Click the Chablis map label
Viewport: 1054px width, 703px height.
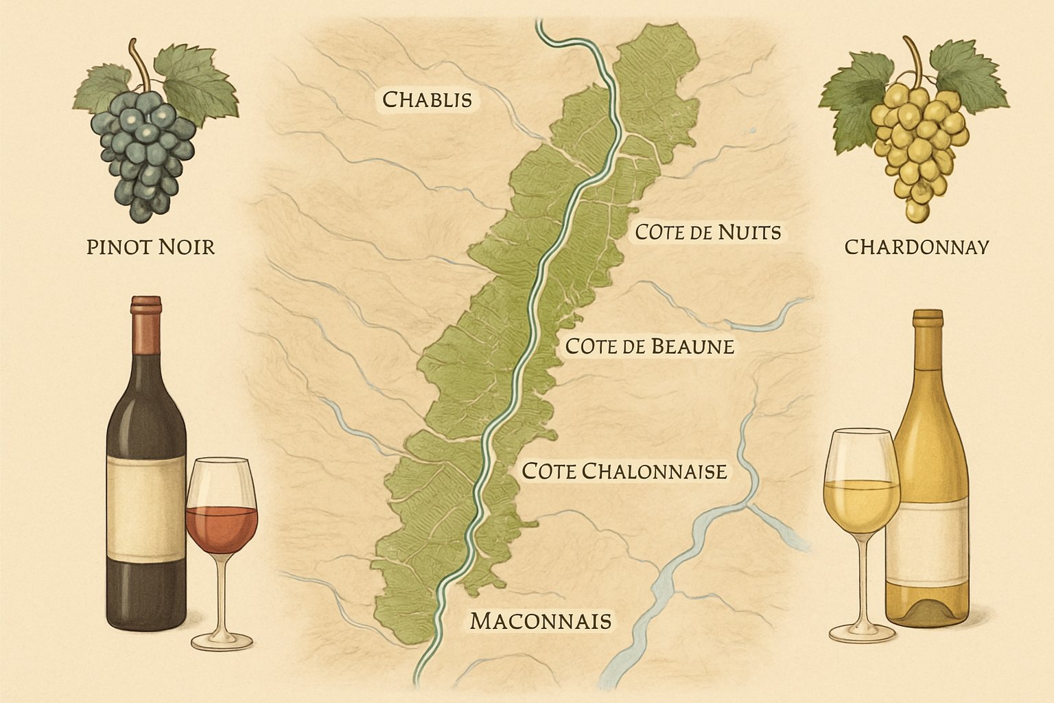[x=427, y=100]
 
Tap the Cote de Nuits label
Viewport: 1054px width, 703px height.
[x=707, y=233]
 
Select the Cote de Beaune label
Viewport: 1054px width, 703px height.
[x=649, y=346]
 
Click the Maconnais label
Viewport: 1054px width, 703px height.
[x=540, y=621]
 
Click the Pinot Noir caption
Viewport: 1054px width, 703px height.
[x=150, y=246]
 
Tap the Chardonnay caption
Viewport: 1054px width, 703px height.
[x=916, y=246]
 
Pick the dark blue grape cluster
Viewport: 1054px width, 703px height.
[x=145, y=154]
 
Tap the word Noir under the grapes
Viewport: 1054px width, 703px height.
[x=185, y=246]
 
